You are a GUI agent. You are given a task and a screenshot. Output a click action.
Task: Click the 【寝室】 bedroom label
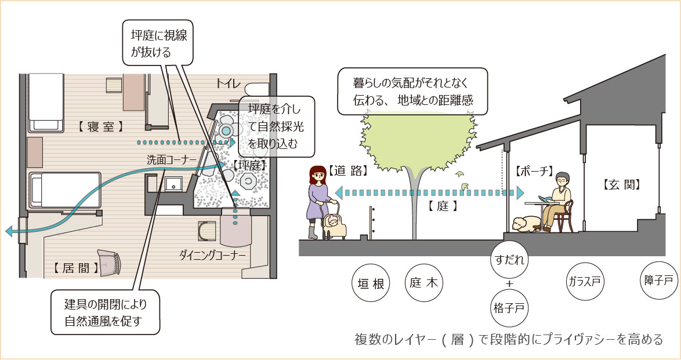tap(100, 126)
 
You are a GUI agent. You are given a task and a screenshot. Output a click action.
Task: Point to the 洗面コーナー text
tap(168, 159)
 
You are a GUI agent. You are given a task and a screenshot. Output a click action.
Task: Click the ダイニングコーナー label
tap(213, 255)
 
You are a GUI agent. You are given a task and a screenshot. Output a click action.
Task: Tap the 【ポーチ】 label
tap(533, 172)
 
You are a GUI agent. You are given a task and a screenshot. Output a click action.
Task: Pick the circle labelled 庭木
tap(424, 283)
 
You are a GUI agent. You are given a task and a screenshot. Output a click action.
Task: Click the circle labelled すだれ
tap(509, 259)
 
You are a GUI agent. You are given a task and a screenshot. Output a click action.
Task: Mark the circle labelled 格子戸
tap(509, 307)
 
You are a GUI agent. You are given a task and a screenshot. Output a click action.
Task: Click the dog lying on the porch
tap(527, 224)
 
